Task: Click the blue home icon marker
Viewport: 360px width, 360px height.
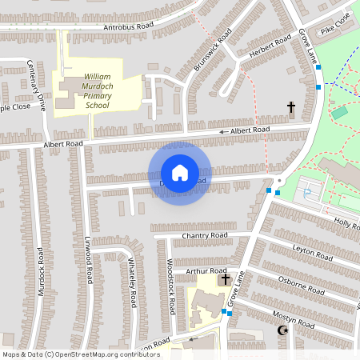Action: pos(179,173)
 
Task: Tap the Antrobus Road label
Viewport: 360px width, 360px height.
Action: pos(129,27)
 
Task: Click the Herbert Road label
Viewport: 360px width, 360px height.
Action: pos(270,48)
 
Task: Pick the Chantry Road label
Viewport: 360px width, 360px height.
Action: pos(205,236)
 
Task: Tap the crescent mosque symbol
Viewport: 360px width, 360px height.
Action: pos(282,330)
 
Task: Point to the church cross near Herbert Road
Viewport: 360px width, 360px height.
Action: pos(290,107)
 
